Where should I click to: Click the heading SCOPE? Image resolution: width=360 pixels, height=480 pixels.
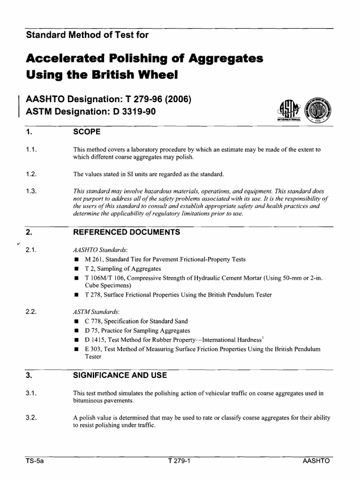tap(87, 132)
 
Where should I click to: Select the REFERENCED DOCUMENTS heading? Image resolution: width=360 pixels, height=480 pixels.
tap(126, 232)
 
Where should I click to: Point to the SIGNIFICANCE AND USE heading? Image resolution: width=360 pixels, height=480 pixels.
tap(120, 375)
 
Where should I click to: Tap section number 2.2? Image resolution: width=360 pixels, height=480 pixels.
tap(31, 311)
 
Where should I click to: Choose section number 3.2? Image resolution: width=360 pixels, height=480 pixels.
tap(31, 418)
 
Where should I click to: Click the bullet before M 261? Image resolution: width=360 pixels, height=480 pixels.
tap(76, 260)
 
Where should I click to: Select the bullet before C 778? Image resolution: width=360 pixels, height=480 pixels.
tap(76, 322)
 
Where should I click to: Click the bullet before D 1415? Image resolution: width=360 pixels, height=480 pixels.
tap(76, 340)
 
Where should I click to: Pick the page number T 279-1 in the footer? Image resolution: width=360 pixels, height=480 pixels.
tap(178, 461)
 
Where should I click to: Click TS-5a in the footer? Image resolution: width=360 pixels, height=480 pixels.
tap(34, 461)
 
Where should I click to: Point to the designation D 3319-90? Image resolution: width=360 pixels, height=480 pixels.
tap(133, 112)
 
